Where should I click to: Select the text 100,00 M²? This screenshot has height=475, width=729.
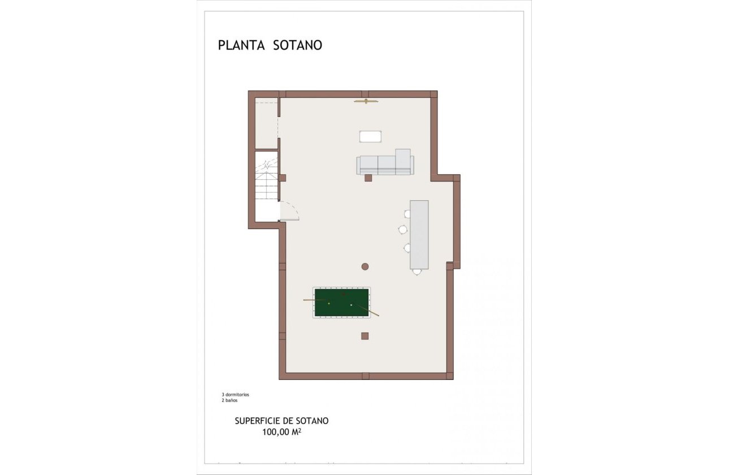pos(285,432)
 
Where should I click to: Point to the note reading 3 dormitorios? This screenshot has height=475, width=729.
pos(236,394)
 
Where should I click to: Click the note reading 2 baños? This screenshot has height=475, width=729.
pos(229,400)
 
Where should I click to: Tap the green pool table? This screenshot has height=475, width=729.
pos(341,303)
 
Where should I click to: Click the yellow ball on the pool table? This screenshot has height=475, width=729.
pos(329,304)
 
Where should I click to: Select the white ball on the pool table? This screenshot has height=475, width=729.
pos(351,305)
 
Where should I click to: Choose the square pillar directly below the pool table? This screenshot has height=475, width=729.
pos(365,336)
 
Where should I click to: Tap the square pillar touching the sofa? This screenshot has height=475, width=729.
pos(368,178)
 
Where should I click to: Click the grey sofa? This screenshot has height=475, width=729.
pos(385,164)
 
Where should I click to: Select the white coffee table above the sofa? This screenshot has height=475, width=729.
pos(370,136)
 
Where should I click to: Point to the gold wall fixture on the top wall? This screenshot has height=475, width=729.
pos(366,101)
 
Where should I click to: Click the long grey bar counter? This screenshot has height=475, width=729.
pos(419,234)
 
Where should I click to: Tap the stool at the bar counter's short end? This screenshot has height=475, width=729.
pos(417,272)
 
